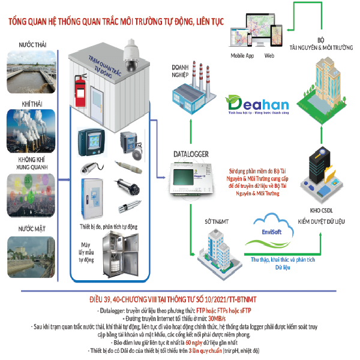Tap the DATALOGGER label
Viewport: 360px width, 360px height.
191,154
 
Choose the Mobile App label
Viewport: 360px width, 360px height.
242,56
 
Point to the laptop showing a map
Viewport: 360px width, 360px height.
245,37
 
